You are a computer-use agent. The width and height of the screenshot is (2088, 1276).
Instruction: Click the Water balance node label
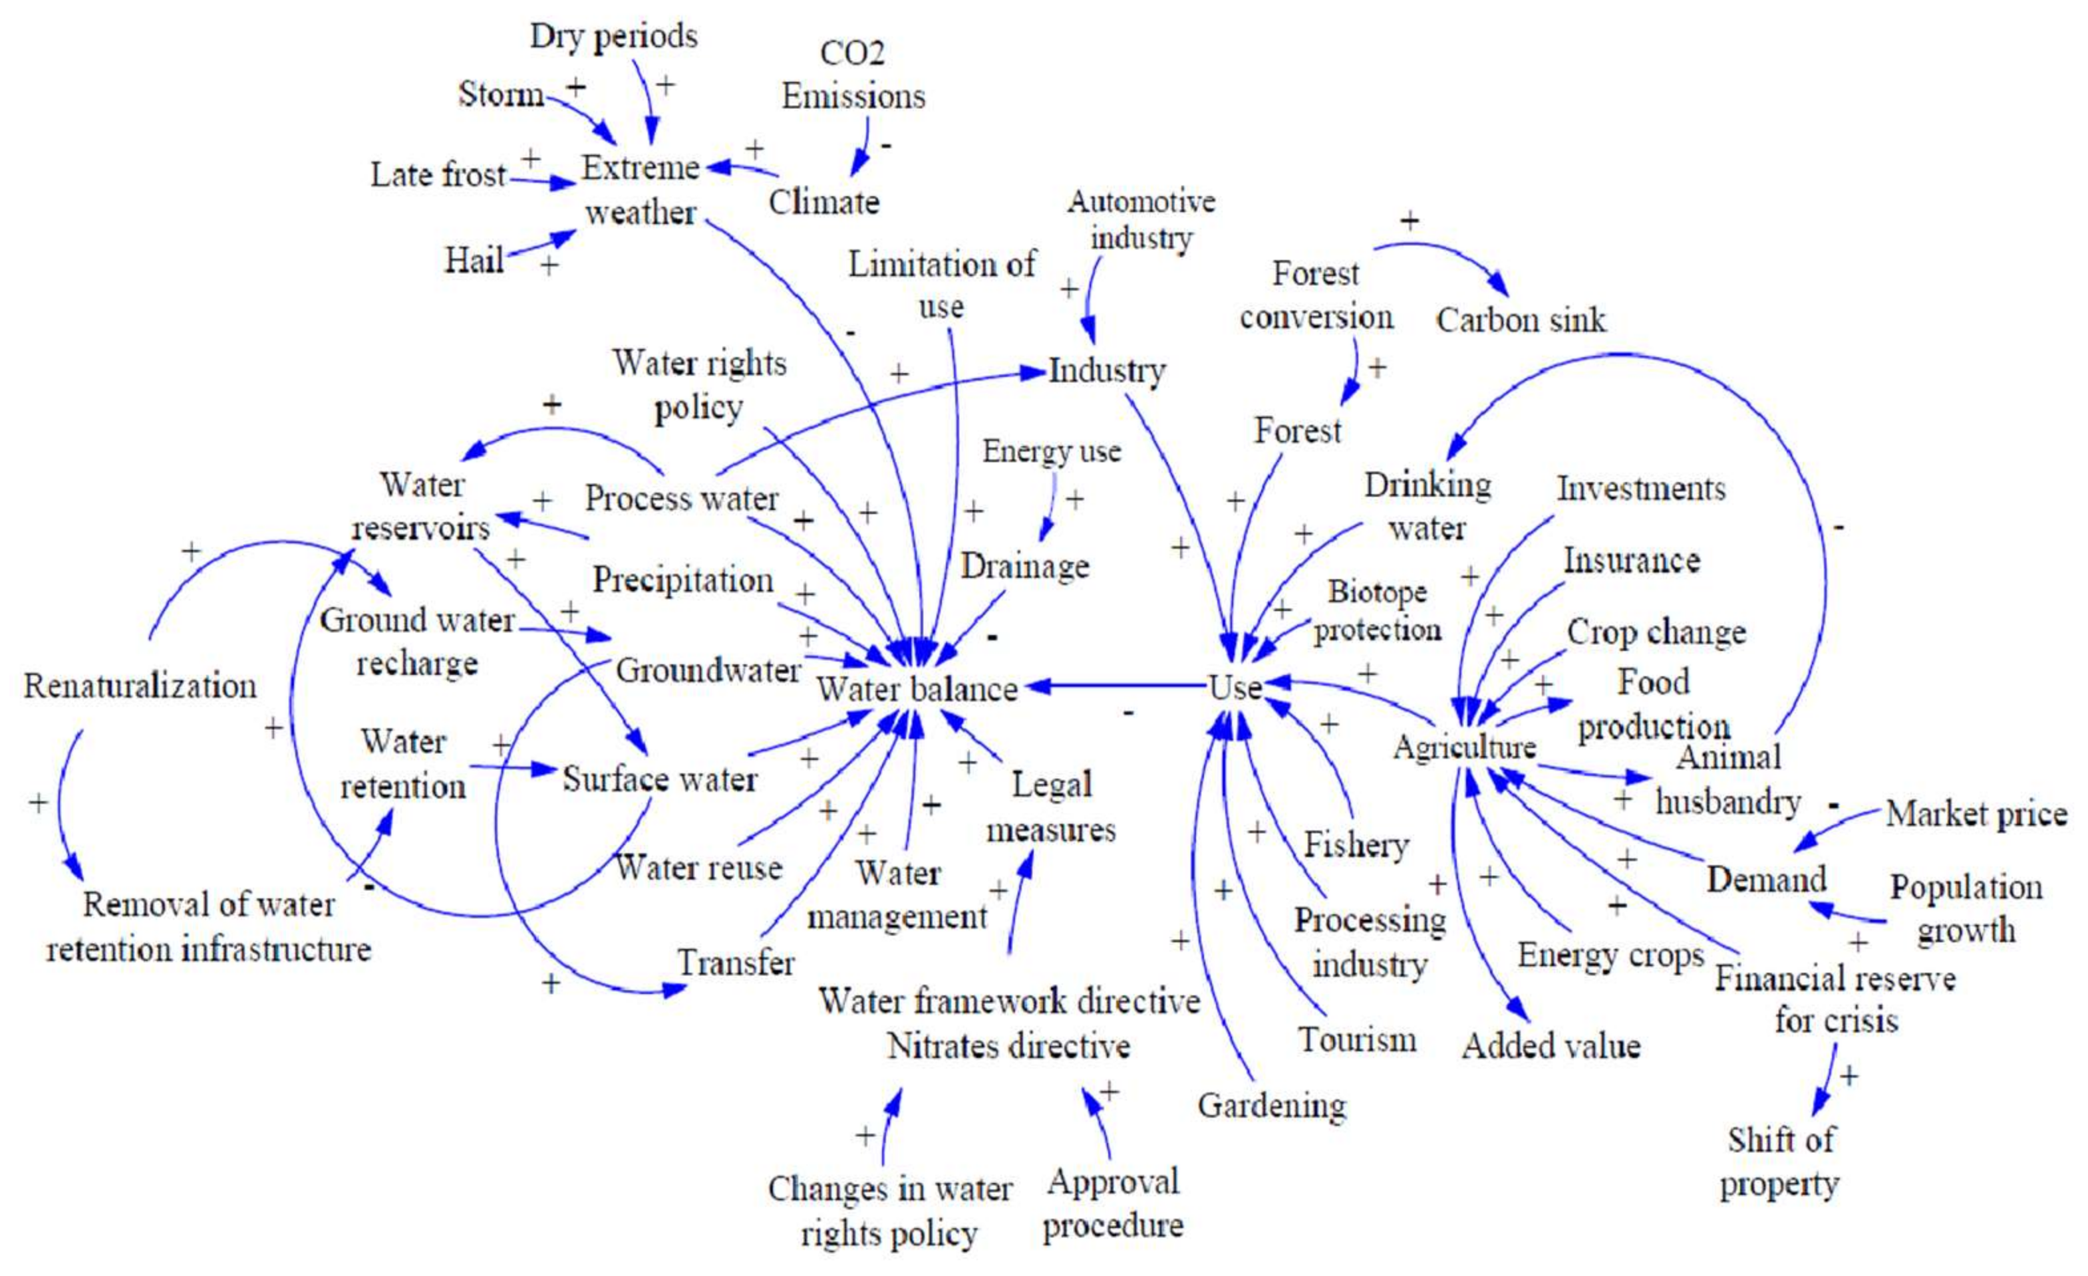pos(917,690)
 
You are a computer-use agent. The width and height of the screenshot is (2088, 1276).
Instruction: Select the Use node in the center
pos(1235,687)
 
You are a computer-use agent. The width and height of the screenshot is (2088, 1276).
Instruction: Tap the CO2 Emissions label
pos(853,75)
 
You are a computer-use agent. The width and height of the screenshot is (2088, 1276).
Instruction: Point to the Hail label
pos(474,259)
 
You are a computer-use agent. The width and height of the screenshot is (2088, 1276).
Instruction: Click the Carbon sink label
pos(1521,320)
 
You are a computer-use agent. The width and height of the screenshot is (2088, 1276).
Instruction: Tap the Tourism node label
pos(1358,1039)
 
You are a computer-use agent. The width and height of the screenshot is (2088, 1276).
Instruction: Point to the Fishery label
pos(1356,844)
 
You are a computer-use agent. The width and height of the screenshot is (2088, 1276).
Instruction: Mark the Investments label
pos(1640,489)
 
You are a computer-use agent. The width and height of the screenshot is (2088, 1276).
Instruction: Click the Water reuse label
pos(698,868)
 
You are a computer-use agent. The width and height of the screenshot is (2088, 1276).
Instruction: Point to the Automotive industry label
pos(1141,219)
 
